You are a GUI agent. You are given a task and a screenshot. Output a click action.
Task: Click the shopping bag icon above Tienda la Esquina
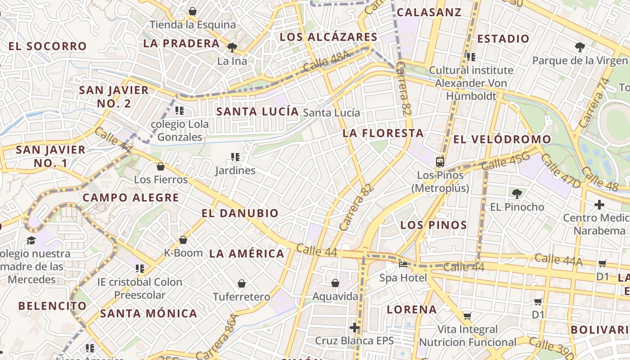(193, 11)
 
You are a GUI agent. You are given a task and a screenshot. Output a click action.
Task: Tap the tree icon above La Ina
(232, 47)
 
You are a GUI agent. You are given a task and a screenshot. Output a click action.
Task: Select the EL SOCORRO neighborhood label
(47, 46)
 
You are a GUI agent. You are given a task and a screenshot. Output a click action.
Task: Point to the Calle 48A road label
(326, 61)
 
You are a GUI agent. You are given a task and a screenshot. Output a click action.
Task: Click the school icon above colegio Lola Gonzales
(180, 110)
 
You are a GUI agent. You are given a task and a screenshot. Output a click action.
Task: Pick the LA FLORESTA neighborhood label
(383, 133)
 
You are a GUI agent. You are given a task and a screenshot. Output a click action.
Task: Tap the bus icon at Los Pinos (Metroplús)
(440, 162)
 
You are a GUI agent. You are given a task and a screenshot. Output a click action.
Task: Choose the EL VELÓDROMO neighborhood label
(502, 139)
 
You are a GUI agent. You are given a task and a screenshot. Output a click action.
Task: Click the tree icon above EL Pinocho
(517, 194)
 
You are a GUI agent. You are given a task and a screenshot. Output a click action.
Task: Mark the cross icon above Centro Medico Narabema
(599, 205)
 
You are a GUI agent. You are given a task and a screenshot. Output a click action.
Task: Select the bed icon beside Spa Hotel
(403, 265)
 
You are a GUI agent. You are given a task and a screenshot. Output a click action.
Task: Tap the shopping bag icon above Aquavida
(335, 283)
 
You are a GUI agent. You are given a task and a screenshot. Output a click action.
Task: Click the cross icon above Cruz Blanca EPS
(355, 327)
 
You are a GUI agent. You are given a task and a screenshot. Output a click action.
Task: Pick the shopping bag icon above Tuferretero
(242, 283)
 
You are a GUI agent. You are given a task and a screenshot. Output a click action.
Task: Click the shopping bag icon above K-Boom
(183, 240)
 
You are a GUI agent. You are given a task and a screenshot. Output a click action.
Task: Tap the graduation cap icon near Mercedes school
(31, 240)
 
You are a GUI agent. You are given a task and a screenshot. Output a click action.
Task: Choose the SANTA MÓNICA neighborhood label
(148, 313)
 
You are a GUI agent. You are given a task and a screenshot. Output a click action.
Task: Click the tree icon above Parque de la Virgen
(580, 46)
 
